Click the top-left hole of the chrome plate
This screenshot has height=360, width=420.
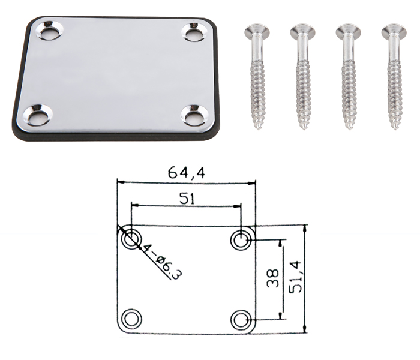(50, 30)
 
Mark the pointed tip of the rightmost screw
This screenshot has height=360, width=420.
(395, 130)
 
